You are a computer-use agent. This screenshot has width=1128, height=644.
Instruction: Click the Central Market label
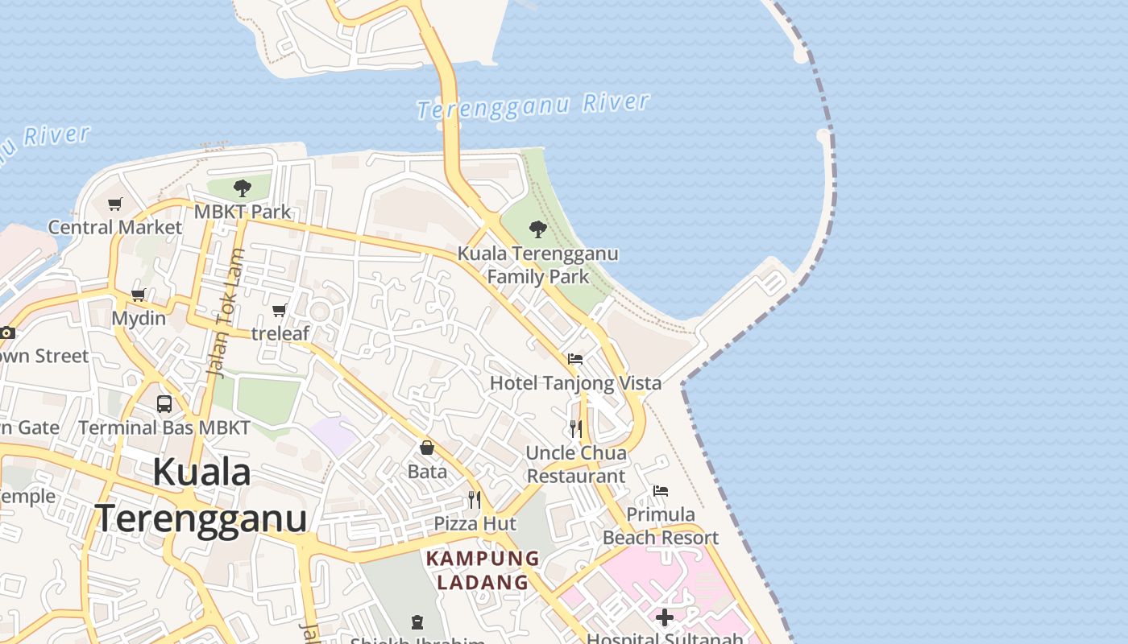click(115, 227)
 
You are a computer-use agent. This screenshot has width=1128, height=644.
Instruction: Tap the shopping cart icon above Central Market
click(115, 204)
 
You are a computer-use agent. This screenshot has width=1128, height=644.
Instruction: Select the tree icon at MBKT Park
click(242, 189)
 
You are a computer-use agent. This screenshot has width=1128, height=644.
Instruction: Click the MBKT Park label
click(243, 212)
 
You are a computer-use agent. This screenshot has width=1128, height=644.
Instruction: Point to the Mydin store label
click(139, 318)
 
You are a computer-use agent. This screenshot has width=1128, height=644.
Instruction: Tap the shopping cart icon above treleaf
click(280, 310)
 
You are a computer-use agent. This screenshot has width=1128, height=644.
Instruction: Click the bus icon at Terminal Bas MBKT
click(164, 404)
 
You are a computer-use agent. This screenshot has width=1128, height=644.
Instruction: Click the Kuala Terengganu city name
click(201, 494)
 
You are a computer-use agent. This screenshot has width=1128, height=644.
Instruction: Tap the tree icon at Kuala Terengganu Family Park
click(538, 229)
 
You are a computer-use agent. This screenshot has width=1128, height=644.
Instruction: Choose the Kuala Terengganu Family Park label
click(538, 265)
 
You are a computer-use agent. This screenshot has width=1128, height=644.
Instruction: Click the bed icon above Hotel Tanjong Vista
click(575, 359)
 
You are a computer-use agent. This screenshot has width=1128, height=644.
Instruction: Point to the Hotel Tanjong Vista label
click(575, 383)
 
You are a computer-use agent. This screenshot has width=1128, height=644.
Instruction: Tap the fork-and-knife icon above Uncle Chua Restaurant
click(576, 429)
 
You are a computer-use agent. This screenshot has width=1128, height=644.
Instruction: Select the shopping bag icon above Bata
click(427, 448)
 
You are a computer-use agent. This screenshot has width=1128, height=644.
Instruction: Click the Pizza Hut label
click(475, 523)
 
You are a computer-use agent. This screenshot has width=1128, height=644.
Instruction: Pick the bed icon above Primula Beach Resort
click(661, 490)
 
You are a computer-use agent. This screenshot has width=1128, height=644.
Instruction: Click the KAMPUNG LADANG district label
click(483, 570)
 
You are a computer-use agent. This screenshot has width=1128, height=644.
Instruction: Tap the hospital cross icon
click(665, 617)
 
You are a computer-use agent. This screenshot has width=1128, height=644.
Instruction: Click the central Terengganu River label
click(533, 105)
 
